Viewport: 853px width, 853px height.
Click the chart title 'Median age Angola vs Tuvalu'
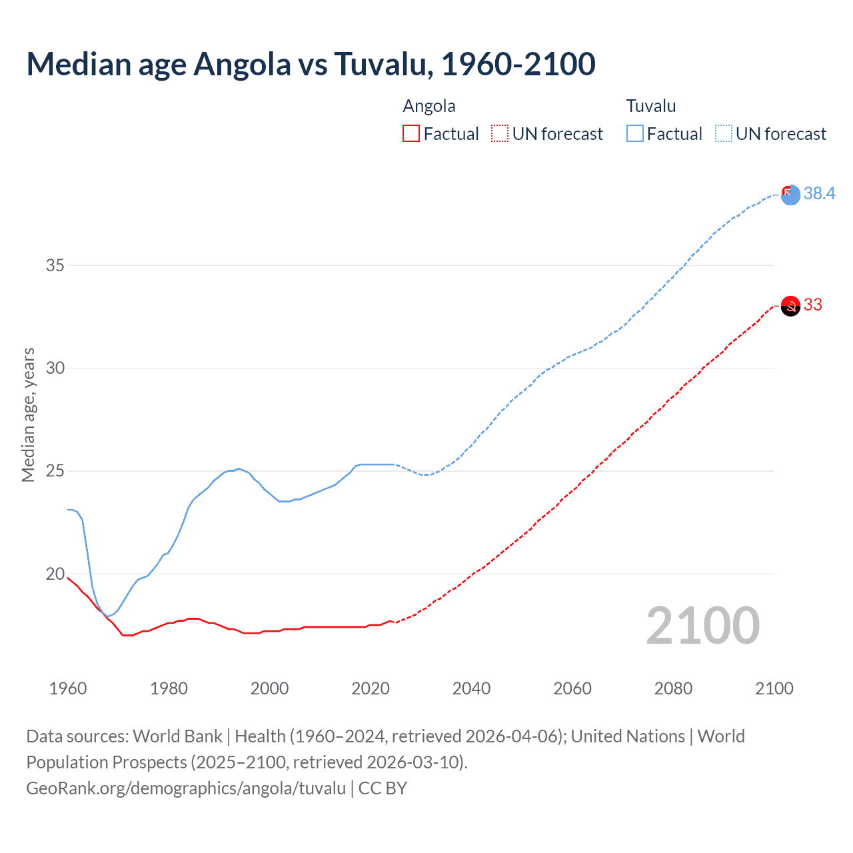(311, 64)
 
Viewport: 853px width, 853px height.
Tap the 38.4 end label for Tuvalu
(819, 193)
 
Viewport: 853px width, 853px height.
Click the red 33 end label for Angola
(812, 305)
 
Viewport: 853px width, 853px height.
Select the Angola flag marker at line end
(790, 306)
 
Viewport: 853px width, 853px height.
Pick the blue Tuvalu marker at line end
(790, 195)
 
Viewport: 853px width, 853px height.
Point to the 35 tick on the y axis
(55, 265)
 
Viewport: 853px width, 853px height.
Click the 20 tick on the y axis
(55, 574)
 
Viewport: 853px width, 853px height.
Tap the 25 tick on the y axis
(55, 471)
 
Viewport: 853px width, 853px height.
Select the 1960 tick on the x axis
(68, 688)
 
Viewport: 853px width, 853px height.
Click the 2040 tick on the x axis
(471, 688)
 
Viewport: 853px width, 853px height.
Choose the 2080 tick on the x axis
(673, 688)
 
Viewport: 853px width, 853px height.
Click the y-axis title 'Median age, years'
(28, 415)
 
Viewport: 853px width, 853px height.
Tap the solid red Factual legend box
(411, 134)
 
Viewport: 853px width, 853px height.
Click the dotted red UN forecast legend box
(500, 134)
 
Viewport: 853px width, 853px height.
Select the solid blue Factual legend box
(634, 134)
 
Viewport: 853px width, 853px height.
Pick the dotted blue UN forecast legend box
(723, 134)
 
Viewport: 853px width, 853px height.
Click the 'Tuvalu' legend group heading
(650, 106)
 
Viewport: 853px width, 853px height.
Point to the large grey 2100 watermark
(702, 626)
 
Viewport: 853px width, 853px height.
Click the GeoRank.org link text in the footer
(186, 788)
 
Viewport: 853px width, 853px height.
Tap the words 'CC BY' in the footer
(383, 788)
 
